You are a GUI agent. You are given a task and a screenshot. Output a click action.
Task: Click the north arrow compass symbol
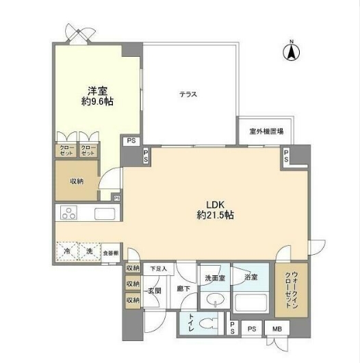coord(292,51)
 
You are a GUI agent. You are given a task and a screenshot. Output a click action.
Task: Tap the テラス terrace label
coord(188,95)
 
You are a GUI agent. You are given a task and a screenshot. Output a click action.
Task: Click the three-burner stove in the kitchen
coord(69,213)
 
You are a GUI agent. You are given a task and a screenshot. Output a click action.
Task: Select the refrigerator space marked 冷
coord(67,251)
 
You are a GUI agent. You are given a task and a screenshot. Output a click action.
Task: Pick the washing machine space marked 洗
coord(90,251)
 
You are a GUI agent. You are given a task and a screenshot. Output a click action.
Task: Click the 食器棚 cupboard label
coord(111,252)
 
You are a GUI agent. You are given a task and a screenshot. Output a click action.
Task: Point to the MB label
coord(277,328)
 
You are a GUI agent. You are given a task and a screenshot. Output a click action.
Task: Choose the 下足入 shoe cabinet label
coord(159,269)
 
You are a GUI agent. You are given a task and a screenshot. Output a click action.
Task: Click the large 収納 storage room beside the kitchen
coord(76,181)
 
